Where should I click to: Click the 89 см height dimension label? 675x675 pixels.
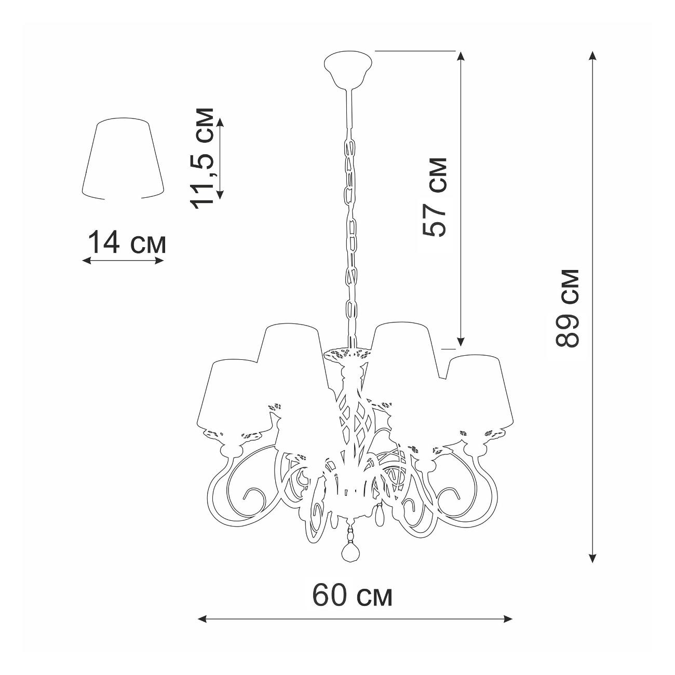(567, 308)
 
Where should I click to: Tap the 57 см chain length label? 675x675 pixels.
(435, 197)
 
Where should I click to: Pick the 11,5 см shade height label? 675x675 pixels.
(201, 158)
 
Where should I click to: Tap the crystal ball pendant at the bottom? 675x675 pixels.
(349, 558)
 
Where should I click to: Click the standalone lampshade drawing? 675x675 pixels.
(123, 159)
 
